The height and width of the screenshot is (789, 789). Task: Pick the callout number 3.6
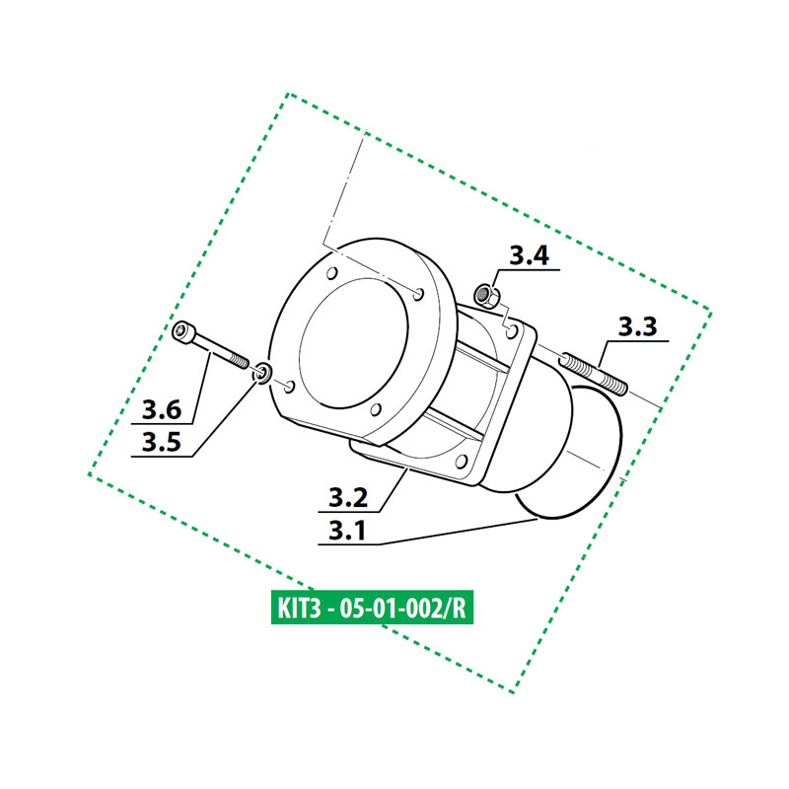pyautogui.click(x=161, y=407)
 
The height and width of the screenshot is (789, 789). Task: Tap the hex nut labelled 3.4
pyautogui.click(x=485, y=293)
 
